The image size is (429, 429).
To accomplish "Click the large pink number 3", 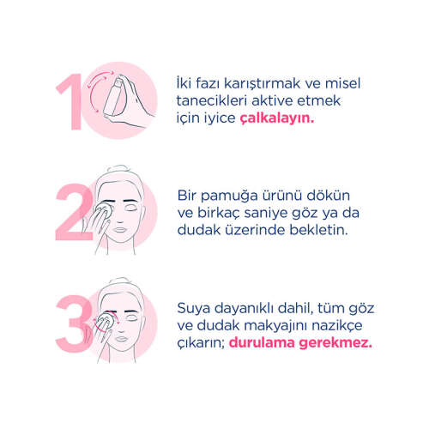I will [x=71, y=320].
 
